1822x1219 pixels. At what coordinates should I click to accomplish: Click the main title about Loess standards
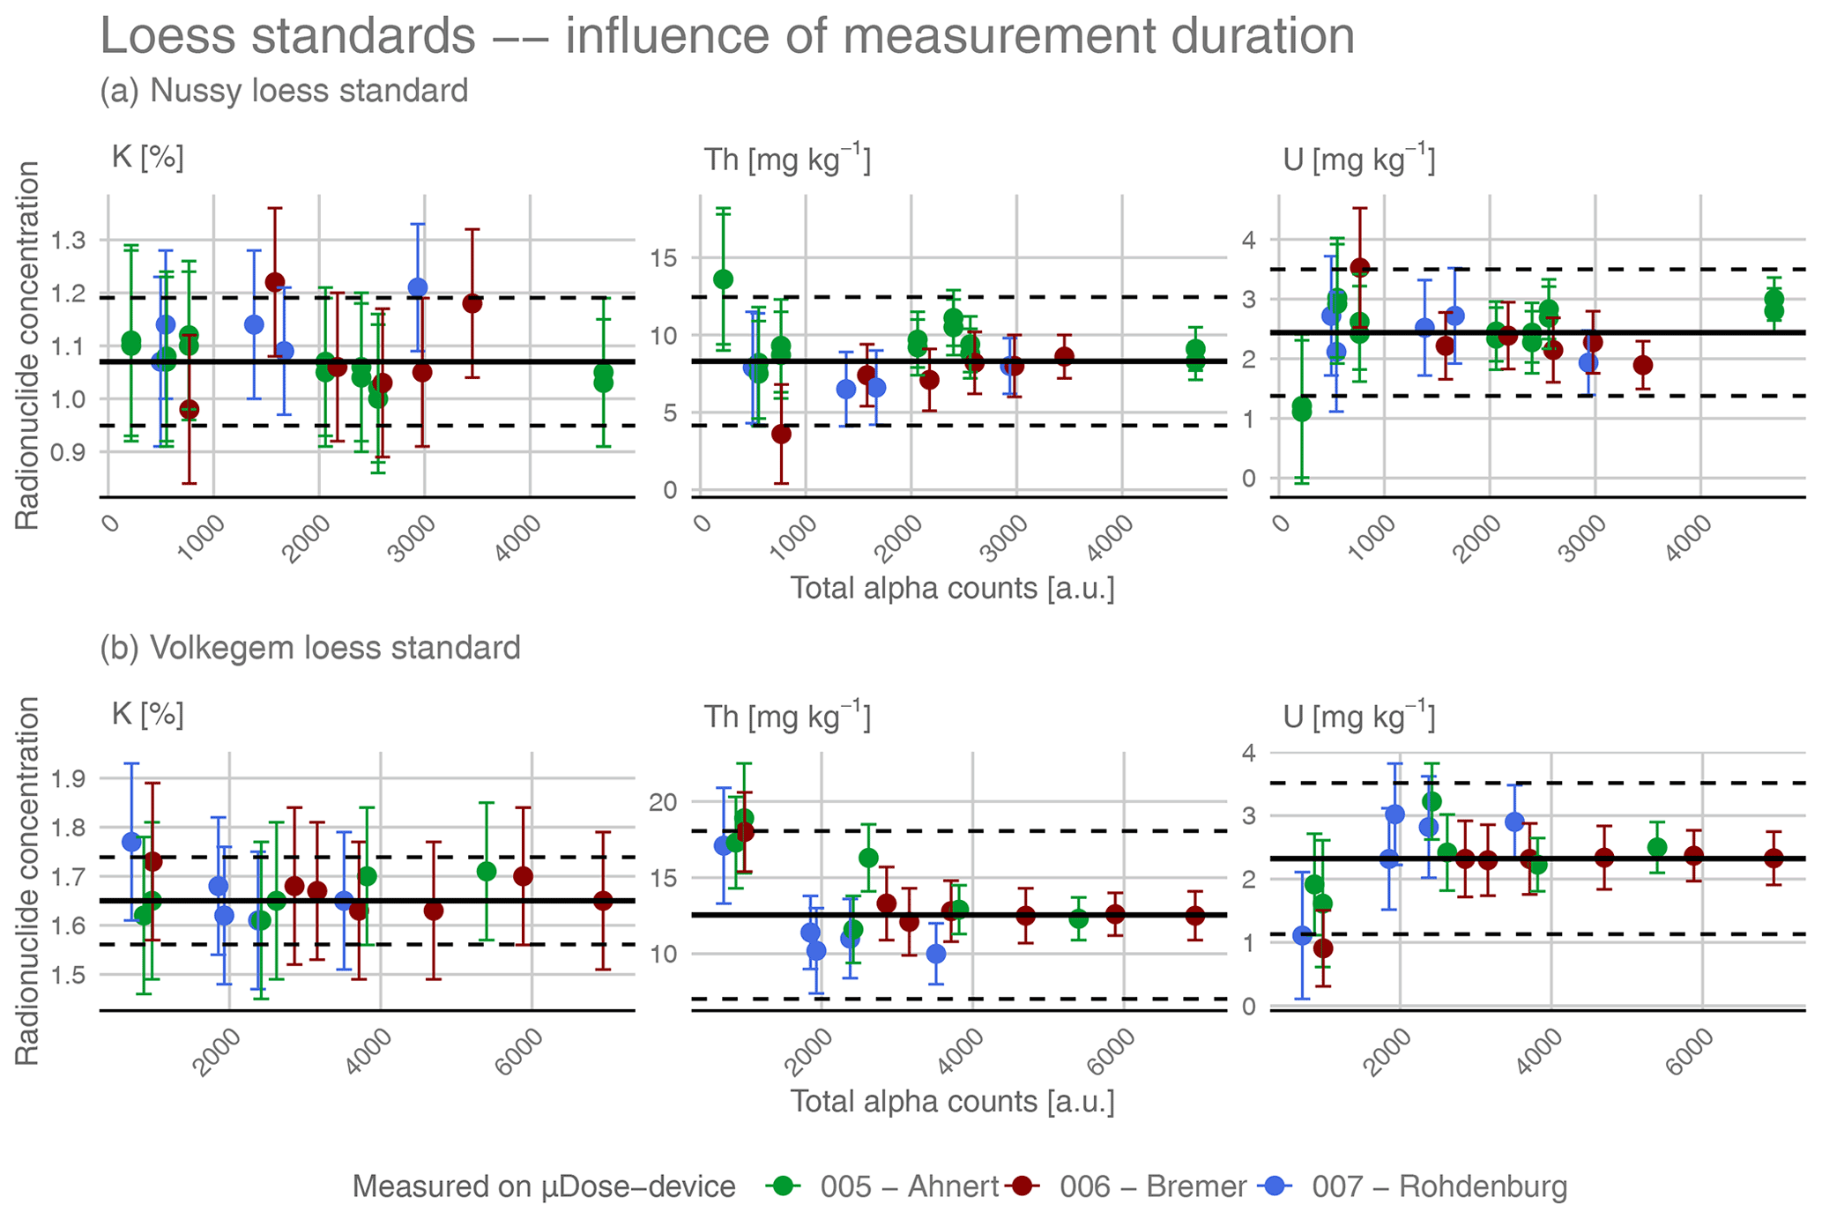pyautogui.click(x=726, y=37)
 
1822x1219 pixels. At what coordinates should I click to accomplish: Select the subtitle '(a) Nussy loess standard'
pyautogui.click(x=283, y=91)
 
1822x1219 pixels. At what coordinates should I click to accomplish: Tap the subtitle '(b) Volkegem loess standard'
pyautogui.click(x=309, y=648)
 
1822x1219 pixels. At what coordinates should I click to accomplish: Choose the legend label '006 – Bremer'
pyautogui.click(x=1152, y=1186)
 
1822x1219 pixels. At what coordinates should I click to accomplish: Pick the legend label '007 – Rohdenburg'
pyautogui.click(x=1439, y=1186)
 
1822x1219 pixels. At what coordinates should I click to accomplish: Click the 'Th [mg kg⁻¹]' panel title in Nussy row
pyautogui.click(x=786, y=160)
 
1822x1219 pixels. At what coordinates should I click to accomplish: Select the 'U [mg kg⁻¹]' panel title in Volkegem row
pyautogui.click(x=1358, y=717)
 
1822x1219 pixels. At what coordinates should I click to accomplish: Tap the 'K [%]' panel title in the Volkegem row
pyautogui.click(x=147, y=714)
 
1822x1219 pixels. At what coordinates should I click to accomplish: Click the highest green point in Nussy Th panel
pyautogui.click(x=723, y=279)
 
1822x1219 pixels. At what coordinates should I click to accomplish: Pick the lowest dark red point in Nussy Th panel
pyautogui.click(x=781, y=434)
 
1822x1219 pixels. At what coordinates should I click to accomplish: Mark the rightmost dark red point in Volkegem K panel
pyautogui.click(x=603, y=901)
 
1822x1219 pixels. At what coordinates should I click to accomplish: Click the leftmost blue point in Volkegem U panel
pyautogui.click(x=1302, y=935)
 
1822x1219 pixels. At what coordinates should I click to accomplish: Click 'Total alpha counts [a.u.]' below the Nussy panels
pyautogui.click(x=952, y=588)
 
